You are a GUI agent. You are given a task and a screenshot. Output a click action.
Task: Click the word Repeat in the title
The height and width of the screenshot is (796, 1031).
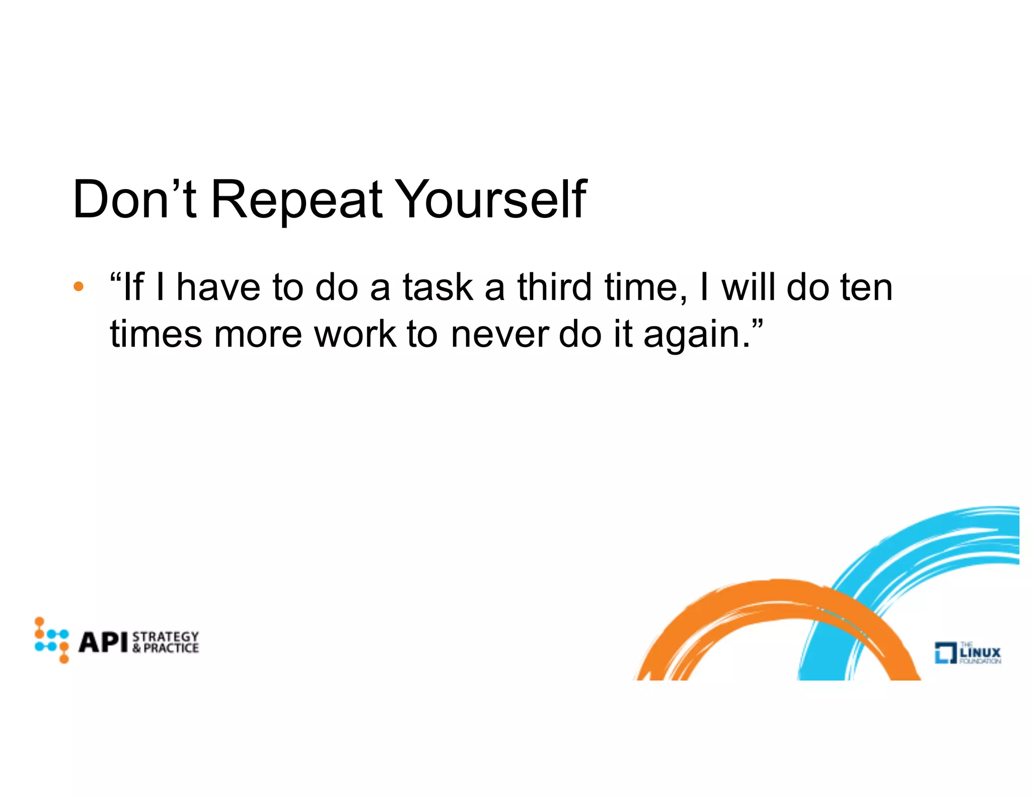click(297, 200)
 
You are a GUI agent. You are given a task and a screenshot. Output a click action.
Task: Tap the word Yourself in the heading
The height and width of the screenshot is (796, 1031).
click(492, 200)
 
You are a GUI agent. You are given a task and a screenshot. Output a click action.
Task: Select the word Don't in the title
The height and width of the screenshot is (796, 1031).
click(134, 200)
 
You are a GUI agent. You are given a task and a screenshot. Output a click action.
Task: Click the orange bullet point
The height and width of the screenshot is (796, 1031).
click(78, 287)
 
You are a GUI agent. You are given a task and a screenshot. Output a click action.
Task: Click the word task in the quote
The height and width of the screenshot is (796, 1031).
click(437, 287)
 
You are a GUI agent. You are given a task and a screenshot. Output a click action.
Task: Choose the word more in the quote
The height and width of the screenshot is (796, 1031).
click(257, 335)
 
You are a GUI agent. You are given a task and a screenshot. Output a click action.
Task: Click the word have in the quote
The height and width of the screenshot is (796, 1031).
click(218, 287)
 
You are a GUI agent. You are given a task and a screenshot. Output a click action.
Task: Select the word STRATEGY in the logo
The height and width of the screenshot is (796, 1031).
click(166, 636)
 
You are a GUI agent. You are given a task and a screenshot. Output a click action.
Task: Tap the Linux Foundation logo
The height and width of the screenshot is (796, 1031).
click(967, 653)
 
